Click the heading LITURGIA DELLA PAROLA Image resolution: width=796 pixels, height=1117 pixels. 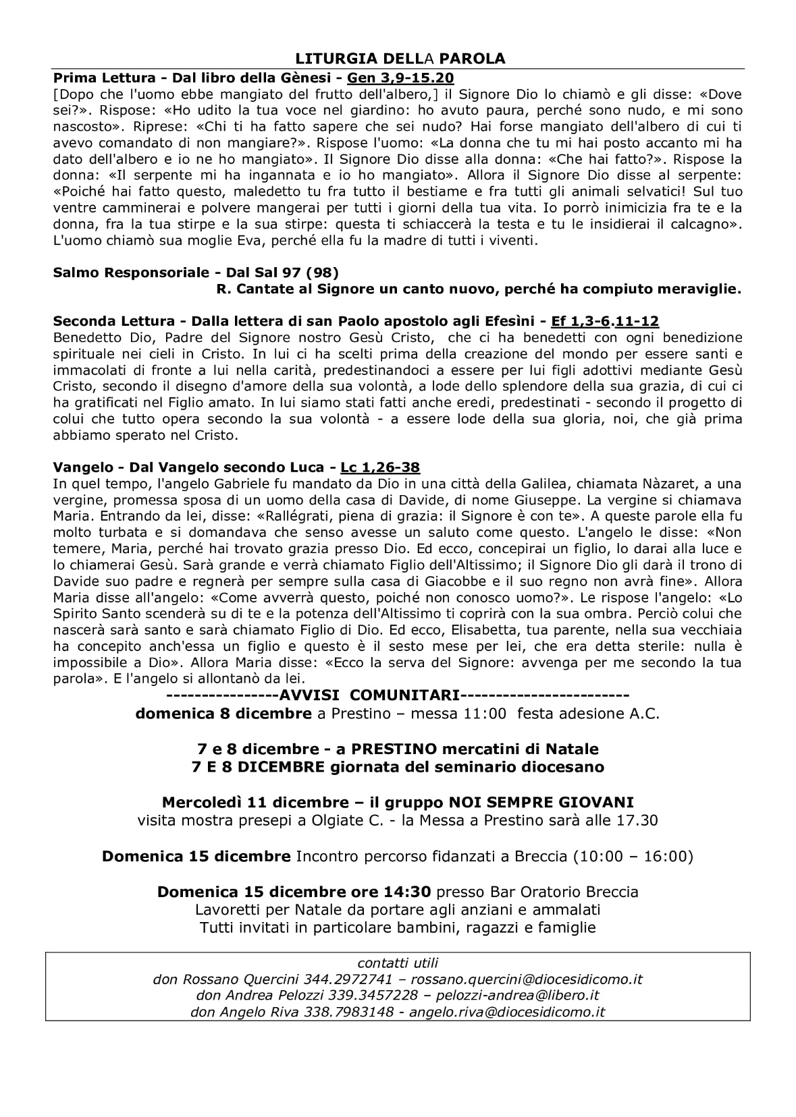(398, 59)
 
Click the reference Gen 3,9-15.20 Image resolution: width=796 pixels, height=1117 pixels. (400, 78)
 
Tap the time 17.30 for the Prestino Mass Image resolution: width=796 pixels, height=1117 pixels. (637, 820)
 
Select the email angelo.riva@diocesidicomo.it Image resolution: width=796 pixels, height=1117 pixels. (507, 1012)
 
